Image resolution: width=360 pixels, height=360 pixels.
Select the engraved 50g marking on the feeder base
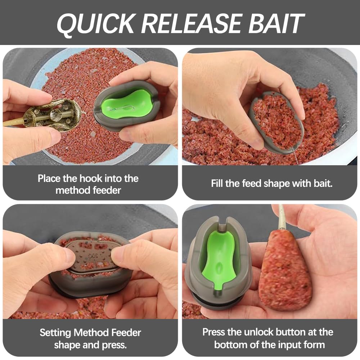coord(93,256)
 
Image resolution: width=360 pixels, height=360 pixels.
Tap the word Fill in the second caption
coord(217,184)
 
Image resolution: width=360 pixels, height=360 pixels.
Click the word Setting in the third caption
coord(55,332)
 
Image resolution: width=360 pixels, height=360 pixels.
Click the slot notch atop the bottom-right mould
coord(222,224)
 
